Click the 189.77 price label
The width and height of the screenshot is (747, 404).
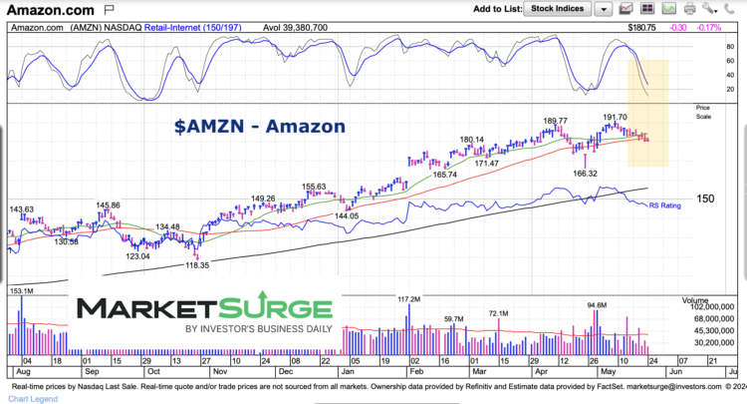(556, 121)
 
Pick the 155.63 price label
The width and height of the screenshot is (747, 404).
(314, 186)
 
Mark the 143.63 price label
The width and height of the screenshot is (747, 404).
(21, 209)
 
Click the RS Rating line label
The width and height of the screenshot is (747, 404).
(666, 204)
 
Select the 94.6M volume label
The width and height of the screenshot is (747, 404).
(597, 305)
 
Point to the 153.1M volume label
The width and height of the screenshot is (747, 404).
(22, 290)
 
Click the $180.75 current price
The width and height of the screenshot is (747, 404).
(647, 27)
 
